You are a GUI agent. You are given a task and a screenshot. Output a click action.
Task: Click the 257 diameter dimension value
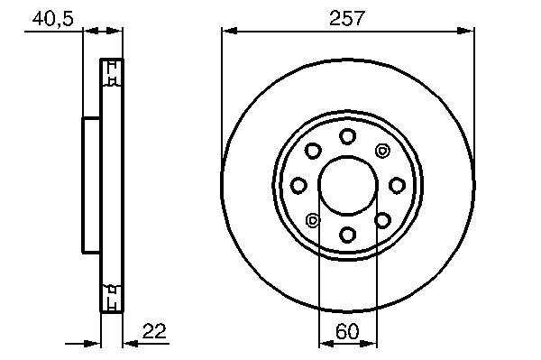coord(347,19)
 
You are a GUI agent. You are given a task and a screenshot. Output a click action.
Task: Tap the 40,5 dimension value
coord(53,19)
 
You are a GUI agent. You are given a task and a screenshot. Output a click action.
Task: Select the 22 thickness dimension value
coord(154,331)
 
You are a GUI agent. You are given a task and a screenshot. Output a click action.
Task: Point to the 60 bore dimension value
coord(347,331)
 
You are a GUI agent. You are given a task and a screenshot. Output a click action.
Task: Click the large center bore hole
coord(348,185)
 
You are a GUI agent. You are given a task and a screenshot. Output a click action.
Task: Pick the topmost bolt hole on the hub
coord(347,136)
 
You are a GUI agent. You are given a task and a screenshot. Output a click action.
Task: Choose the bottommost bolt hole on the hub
coord(347,235)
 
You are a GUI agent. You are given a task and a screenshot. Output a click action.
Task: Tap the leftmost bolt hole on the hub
coord(298,185)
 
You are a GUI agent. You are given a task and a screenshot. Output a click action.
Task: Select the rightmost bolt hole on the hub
coord(397,185)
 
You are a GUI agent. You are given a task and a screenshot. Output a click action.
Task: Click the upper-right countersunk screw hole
coord(382,151)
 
